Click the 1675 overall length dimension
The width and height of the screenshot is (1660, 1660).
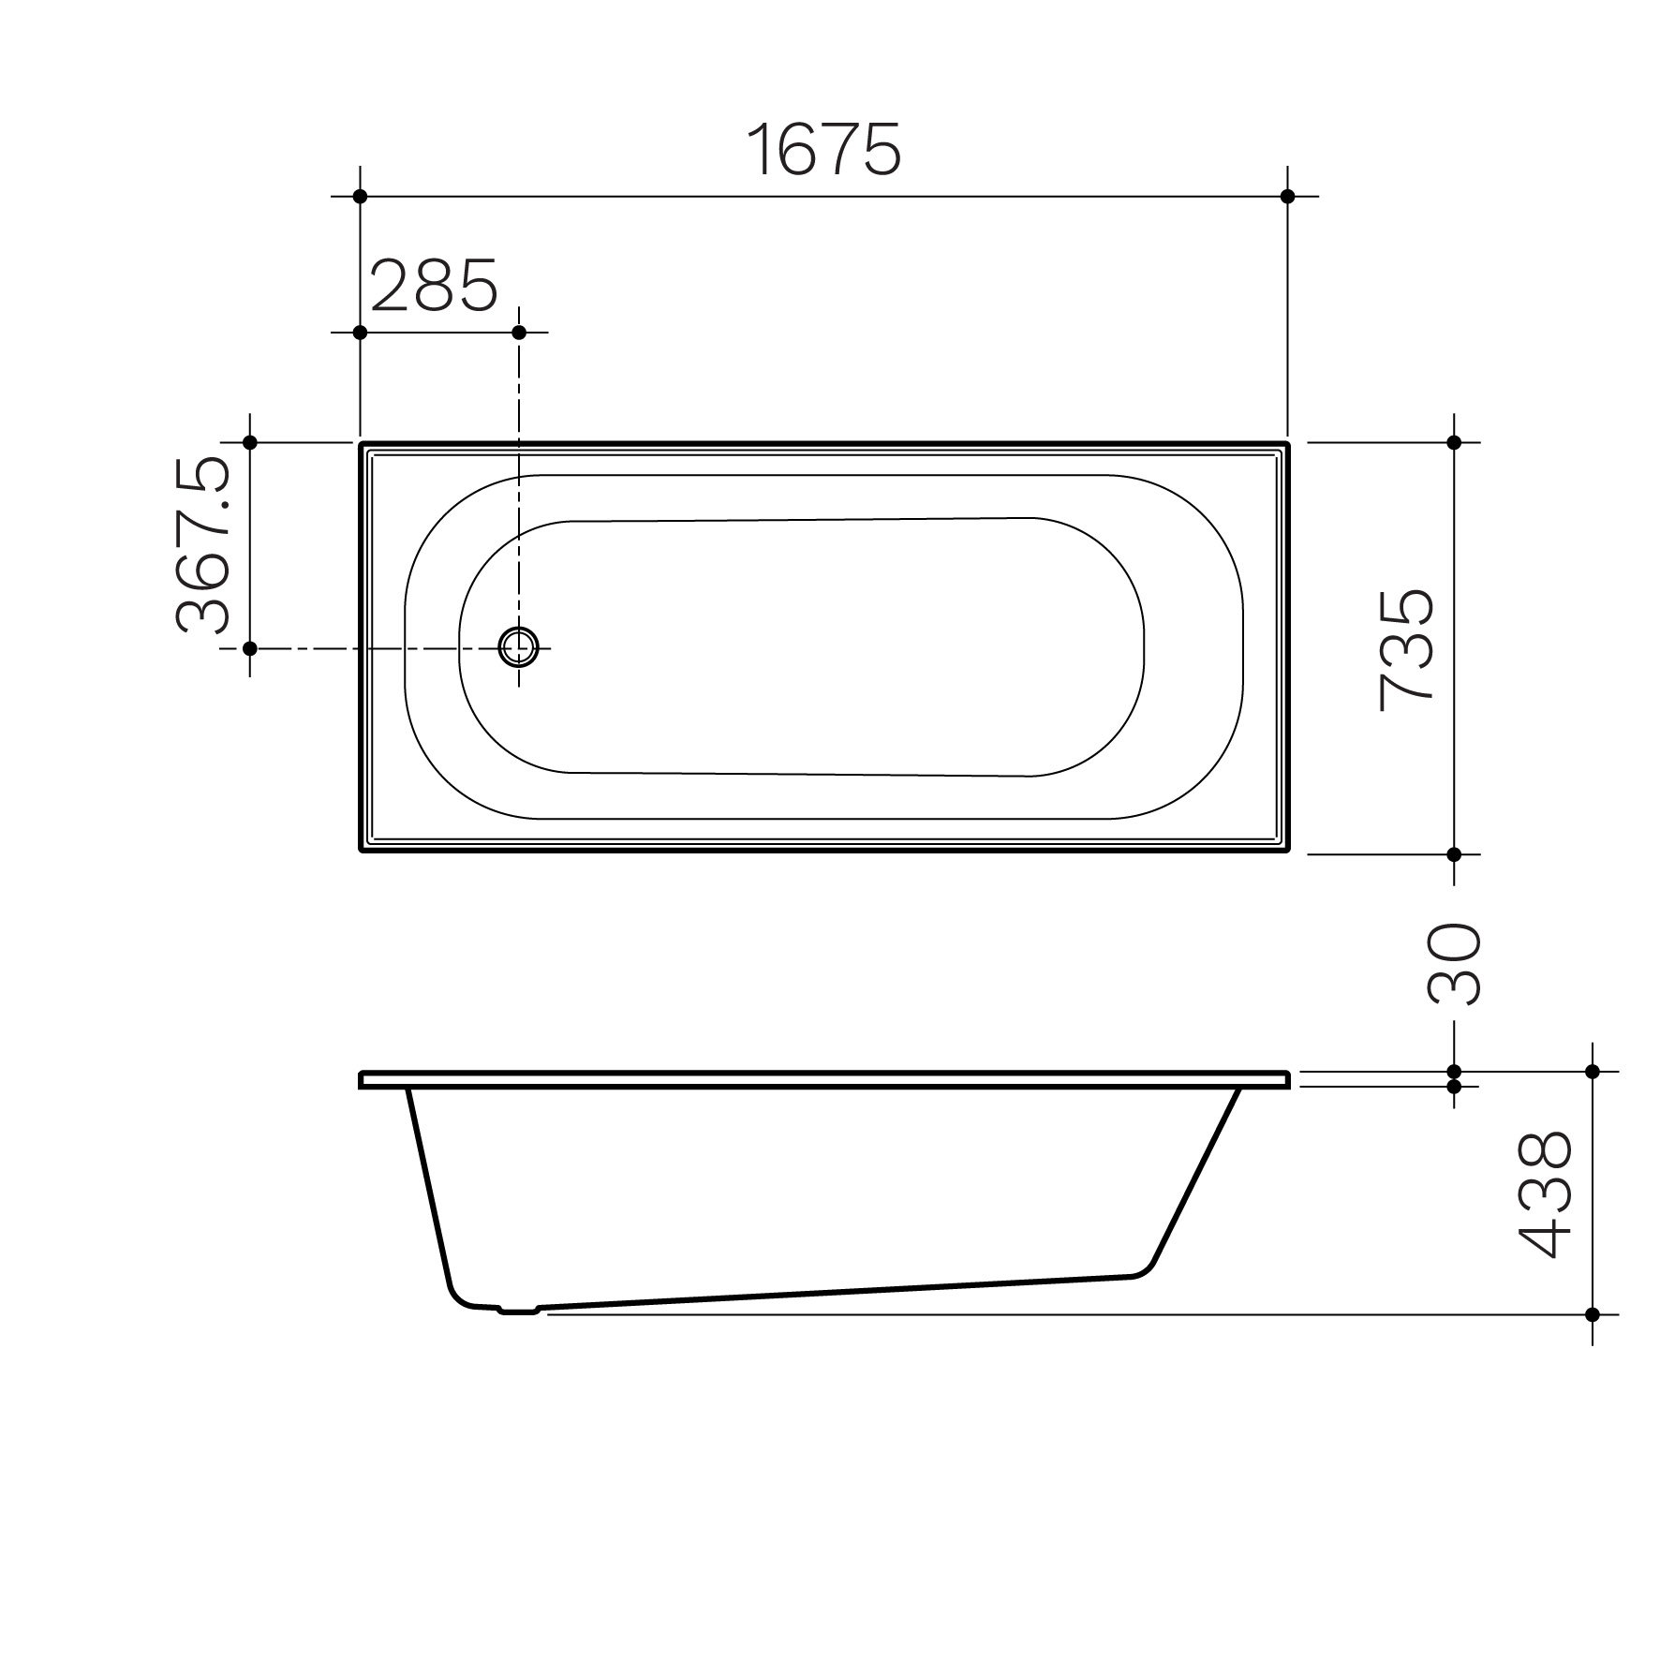tap(824, 149)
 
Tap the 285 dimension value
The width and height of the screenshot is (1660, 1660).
tap(435, 286)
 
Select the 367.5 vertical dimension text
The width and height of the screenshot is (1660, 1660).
tap(201, 545)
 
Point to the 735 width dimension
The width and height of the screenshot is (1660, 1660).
tap(1406, 649)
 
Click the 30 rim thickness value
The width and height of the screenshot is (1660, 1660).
tap(1452, 964)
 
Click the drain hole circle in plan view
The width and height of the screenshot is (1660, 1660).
tap(519, 646)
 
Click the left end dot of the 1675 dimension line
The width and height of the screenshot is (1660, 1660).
tap(360, 197)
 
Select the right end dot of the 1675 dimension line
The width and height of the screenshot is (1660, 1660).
tap(1287, 197)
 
